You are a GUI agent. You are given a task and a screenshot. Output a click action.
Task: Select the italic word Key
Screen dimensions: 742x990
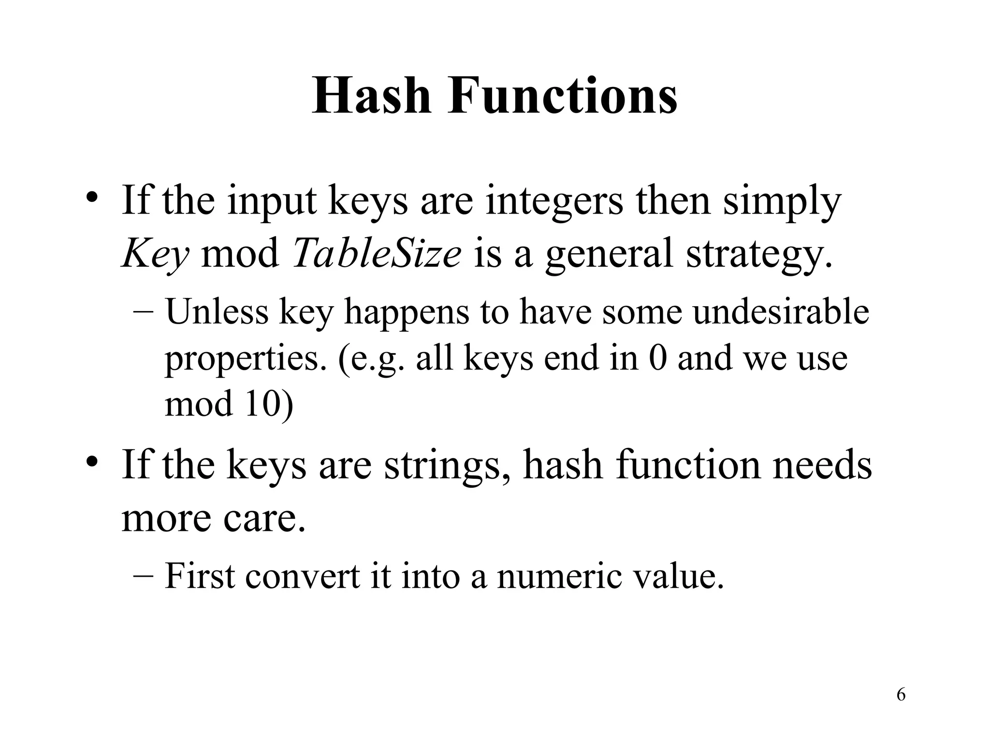tap(155, 254)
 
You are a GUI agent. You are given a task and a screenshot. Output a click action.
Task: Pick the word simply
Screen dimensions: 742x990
tap(782, 202)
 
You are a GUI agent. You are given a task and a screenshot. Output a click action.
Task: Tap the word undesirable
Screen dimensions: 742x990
tap(781, 311)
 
